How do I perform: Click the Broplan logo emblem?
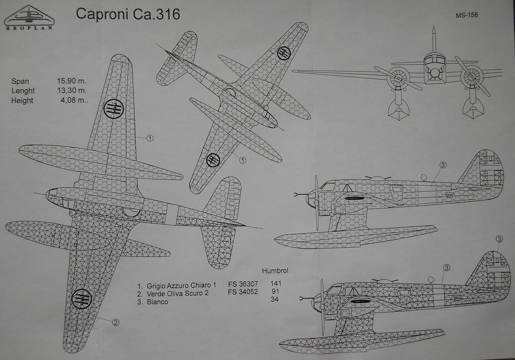click(x=29, y=16)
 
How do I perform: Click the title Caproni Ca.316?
click(x=128, y=14)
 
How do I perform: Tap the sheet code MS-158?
click(x=467, y=15)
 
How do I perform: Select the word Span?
click(x=20, y=81)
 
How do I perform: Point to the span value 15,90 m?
click(x=72, y=81)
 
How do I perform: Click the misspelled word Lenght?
click(x=23, y=91)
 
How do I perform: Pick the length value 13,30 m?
click(x=72, y=91)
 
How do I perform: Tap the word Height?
click(x=22, y=100)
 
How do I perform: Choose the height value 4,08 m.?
click(x=73, y=100)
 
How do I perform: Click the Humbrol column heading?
click(x=275, y=271)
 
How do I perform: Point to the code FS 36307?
click(x=243, y=284)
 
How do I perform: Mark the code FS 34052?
click(x=243, y=292)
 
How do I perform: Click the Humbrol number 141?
click(x=276, y=283)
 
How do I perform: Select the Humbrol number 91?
click(x=275, y=292)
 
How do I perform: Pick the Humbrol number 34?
click(x=275, y=300)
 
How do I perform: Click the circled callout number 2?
click(x=116, y=322)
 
